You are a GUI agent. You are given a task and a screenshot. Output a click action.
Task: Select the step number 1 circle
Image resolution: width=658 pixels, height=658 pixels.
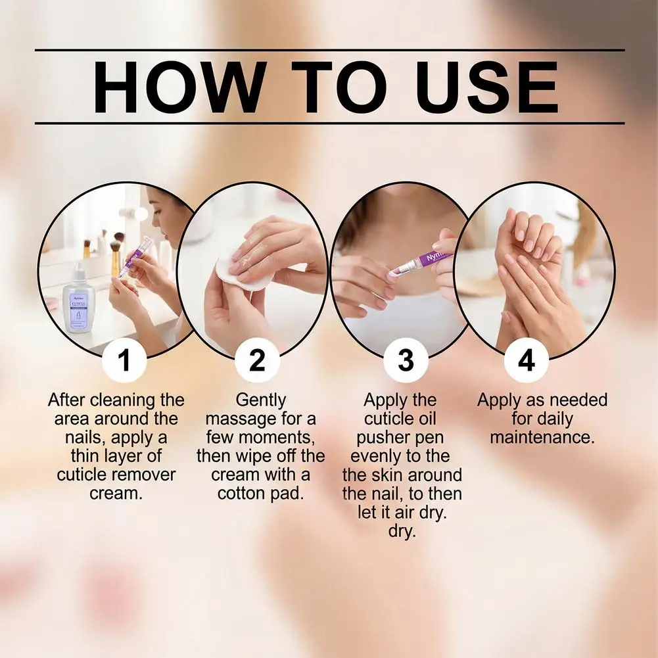124,360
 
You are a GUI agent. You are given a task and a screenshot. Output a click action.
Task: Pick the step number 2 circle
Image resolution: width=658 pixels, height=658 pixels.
257,360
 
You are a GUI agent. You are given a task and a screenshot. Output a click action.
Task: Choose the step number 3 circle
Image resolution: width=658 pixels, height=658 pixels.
406,360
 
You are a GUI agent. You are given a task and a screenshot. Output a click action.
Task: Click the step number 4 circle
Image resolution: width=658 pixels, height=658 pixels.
527,360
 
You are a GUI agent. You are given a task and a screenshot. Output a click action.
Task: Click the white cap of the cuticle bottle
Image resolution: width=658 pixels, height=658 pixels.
79,272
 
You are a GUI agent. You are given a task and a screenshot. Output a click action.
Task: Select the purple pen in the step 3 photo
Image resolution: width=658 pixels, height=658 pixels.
419,264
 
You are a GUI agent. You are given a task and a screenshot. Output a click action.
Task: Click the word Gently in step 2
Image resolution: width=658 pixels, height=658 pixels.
260,400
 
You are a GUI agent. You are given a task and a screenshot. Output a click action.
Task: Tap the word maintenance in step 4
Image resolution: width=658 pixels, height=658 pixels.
542,437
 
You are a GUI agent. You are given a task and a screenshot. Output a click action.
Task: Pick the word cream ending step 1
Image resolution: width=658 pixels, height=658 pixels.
116,494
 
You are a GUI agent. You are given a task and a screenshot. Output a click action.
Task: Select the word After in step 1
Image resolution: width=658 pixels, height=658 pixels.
67,400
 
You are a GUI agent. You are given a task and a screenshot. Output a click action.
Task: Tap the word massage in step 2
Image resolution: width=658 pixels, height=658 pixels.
236,419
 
